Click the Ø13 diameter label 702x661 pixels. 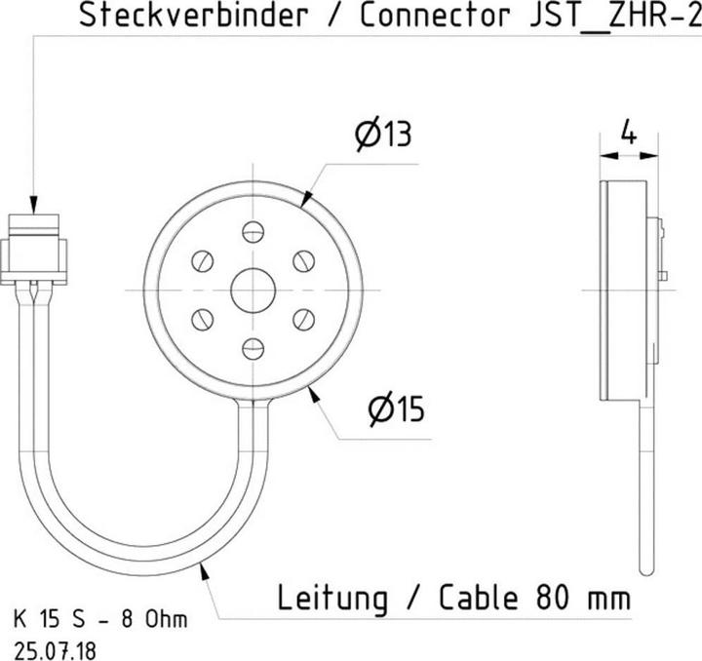coord(382,136)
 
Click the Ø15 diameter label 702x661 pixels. coord(397,409)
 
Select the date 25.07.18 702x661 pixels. coord(56,645)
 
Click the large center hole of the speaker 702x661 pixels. coord(253,290)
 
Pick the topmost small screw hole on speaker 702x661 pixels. coord(253,231)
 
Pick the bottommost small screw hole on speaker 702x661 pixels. coord(253,348)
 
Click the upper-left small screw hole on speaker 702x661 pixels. coord(204,260)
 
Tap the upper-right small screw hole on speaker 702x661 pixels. coord(303,260)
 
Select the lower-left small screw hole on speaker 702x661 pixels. coord(204,319)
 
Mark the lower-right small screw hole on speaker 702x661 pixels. coord(303,319)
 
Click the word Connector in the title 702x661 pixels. coord(434,16)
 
